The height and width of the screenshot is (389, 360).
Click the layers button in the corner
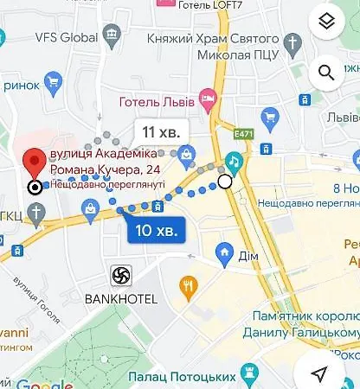coord(326,22)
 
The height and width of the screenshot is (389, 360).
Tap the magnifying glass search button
coord(326,73)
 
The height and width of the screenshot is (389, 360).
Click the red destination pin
coord(34,163)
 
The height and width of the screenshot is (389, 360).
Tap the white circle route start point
coord(225,182)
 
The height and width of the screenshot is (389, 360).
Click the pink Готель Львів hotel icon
coord(206,99)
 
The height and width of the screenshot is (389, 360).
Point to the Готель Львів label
coord(157,99)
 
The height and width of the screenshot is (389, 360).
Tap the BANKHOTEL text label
coord(120,299)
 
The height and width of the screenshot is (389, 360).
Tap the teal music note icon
coord(234,161)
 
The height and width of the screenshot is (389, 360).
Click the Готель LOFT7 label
coord(209,5)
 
